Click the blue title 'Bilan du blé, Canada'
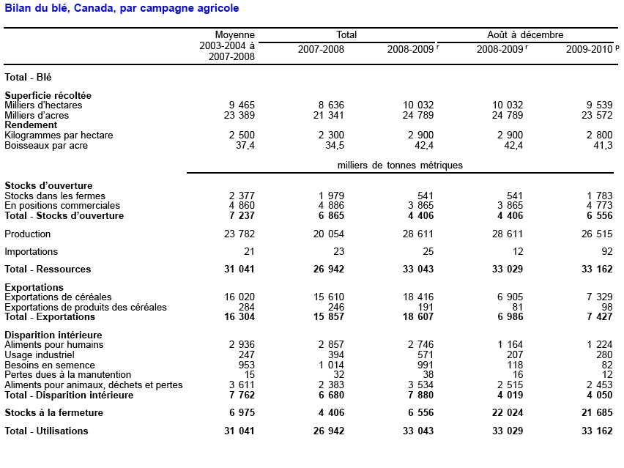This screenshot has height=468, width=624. pos(122,8)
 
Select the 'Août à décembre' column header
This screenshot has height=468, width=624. pos(525,34)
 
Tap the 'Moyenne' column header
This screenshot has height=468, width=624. pos(234,34)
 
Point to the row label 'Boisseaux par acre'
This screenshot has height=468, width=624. pos(46,146)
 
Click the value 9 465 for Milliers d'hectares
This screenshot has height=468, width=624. pos(242,105)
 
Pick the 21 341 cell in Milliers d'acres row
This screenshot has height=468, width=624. pos(327,115)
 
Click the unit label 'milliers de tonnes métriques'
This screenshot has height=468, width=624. pos(400,166)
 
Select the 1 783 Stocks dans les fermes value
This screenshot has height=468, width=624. pos(598,196)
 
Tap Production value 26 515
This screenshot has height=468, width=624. pos(595,234)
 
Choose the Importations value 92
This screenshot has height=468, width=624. pos(606,252)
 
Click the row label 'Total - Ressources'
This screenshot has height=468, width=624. pos(48,270)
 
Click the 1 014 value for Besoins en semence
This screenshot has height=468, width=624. pos(330,365)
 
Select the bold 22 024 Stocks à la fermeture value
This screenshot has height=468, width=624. pos(505,413)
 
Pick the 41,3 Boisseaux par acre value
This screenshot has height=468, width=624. pos(602,146)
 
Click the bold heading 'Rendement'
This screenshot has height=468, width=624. pos(31,125)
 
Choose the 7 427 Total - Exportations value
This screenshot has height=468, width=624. pos(598,317)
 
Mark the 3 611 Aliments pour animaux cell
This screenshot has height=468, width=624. pos(242,385)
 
